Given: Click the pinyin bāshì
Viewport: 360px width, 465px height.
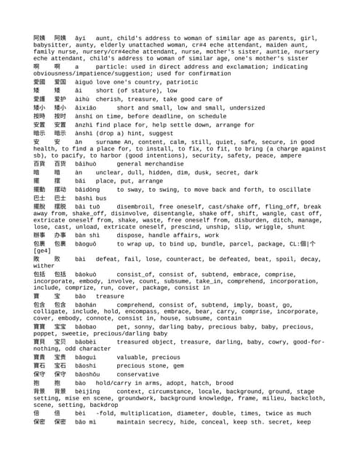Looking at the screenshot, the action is point(84,198).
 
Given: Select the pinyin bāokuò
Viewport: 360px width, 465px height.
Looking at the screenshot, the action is point(86,275).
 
